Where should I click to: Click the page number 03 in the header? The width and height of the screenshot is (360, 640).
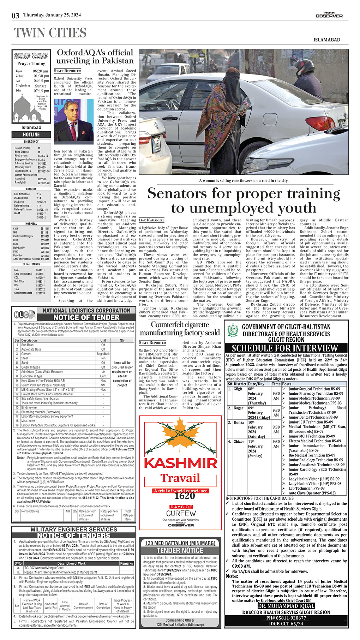pyautogui.click(x=15, y=16)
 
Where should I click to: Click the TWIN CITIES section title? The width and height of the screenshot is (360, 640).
pyautogui.click(x=50, y=33)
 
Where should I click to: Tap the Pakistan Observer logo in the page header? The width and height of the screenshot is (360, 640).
pyautogui.click(x=329, y=15)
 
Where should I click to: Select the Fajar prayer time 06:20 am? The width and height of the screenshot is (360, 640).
pyautogui.click(x=41, y=71)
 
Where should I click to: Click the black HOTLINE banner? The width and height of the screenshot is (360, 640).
pyautogui.click(x=31, y=134)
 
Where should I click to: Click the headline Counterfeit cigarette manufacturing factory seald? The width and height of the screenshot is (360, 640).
pyautogui.click(x=180, y=328)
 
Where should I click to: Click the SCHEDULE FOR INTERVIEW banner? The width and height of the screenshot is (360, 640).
pyautogui.click(x=286, y=348)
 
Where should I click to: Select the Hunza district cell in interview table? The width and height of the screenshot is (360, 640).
pyautogui.click(x=239, y=422)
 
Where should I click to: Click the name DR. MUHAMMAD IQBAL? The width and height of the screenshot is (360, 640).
pyautogui.click(x=286, y=606)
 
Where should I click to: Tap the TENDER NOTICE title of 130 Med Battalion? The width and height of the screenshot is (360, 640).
pyautogui.click(x=180, y=550)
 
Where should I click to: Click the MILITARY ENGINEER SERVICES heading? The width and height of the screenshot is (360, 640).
pyautogui.click(x=74, y=530)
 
